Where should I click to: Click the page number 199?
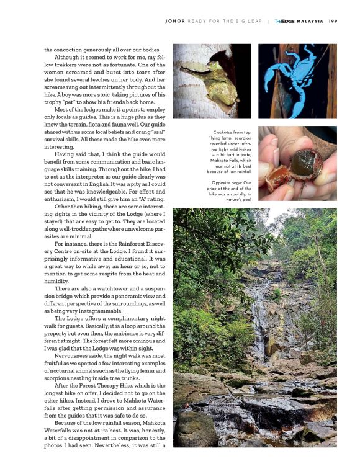[x=332, y=20]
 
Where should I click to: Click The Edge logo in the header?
[x=284, y=20]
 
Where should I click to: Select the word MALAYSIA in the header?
[x=309, y=20]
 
